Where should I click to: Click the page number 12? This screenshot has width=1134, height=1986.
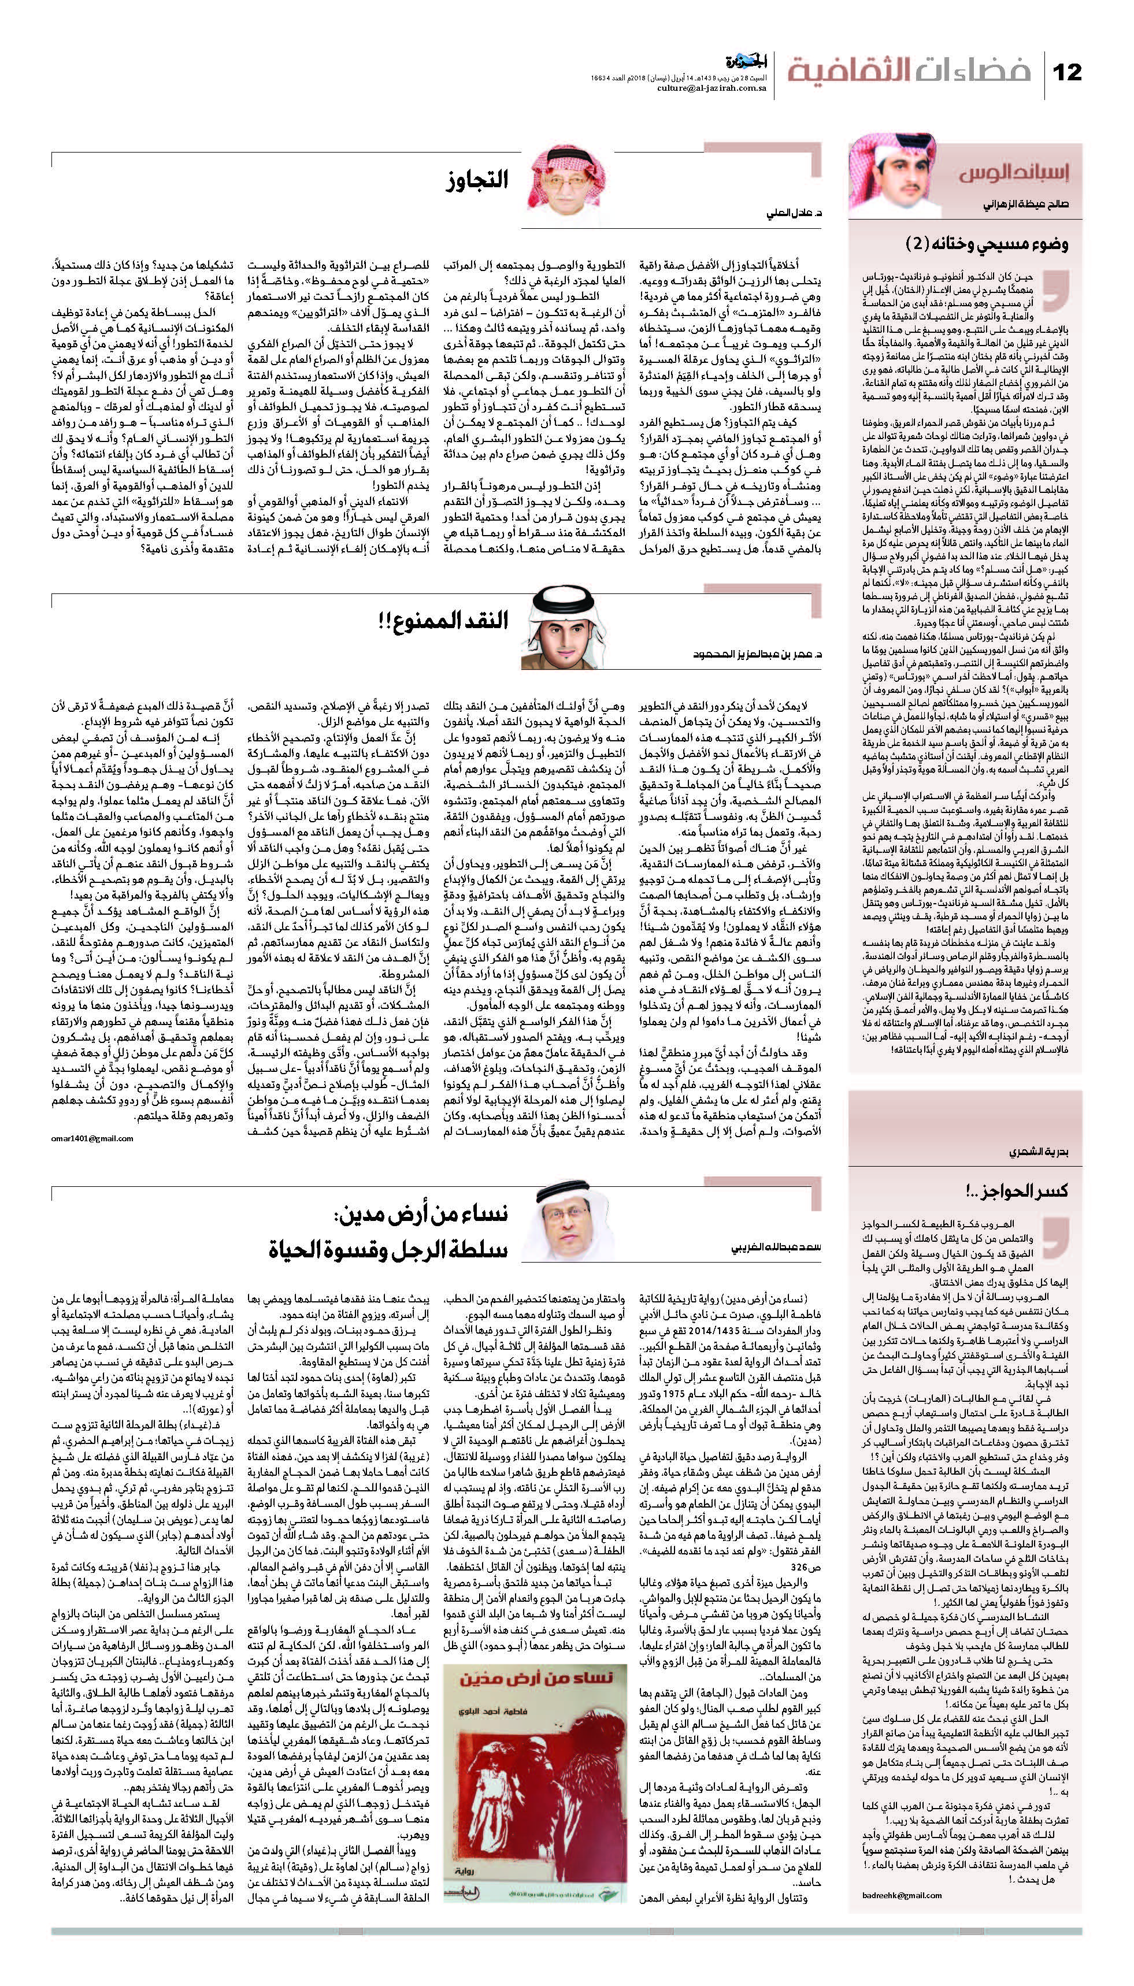1067,72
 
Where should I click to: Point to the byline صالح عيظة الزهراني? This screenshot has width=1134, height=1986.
1024,206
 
